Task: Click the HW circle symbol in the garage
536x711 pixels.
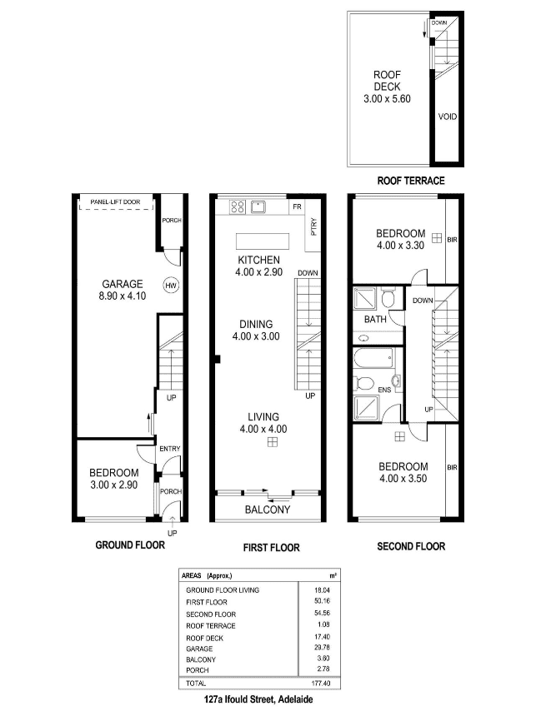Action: (171, 286)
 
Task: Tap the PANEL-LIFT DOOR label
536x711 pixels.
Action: (115, 201)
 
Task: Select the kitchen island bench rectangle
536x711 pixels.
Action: (263, 241)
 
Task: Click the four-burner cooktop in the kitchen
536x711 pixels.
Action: (238, 207)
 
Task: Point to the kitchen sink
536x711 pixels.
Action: (258, 206)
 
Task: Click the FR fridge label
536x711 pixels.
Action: (297, 206)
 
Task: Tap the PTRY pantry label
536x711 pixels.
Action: (313, 226)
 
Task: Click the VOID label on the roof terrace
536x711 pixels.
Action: (447, 117)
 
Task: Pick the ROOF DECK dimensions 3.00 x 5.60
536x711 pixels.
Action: (387, 99)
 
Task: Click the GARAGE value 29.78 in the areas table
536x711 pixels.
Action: (322, 648)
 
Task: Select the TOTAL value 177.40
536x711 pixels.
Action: (321, 683)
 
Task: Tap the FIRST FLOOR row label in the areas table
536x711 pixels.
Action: (207, 602)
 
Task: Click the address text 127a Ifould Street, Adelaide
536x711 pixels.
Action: (258, 699)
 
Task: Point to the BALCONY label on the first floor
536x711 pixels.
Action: (268, 510)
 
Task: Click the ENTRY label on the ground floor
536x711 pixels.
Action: (170, 449)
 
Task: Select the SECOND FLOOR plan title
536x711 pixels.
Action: (411, 546)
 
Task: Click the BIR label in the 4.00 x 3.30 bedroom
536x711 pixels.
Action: (452, 240)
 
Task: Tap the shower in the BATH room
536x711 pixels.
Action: (365, 297)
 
